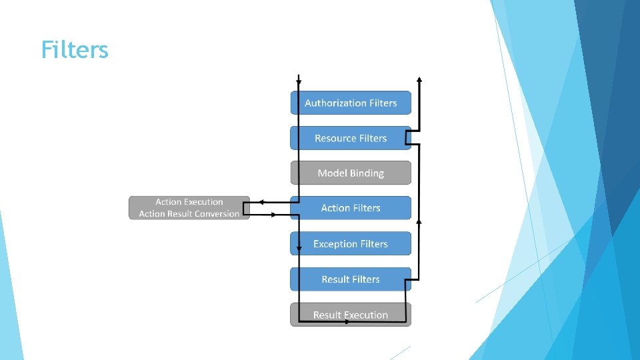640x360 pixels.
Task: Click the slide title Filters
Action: coord(74,50)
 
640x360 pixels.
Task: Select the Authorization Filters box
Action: coord(351,103)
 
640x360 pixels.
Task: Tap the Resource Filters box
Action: coord(351,138)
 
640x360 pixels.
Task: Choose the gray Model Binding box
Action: coord(351,173)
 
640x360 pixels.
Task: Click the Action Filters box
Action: coord(351,208)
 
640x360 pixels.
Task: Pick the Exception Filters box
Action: coord(351,244)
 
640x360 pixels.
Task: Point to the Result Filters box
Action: coord(351,279)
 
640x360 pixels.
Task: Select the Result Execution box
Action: coord(351,315)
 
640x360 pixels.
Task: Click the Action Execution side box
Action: coord(189,207)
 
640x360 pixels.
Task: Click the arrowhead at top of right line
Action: coord(419,79)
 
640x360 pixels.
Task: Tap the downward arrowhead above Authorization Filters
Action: coord(299,82)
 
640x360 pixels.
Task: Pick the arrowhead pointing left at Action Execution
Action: coord(262,201)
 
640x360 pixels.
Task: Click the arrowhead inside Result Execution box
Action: coord(347,322)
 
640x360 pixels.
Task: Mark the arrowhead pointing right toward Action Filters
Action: coord(273,215)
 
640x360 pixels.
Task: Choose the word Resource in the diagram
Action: coord(335,138)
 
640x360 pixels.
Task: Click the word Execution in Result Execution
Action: coord(365,315)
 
